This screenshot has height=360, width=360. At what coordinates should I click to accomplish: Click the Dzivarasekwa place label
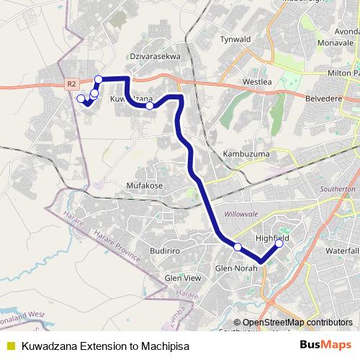pos(155,55)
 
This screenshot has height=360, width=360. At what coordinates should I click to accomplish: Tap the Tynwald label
pos(235,39)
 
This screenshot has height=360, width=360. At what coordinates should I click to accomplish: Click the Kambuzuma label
pos(246,154)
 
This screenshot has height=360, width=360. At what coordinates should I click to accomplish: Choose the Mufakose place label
pos(145,185)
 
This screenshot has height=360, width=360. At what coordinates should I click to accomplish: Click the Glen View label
pos(183,278)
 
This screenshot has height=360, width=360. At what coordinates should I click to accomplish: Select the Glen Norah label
pos(237,269)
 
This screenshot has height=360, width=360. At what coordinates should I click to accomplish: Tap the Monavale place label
pos(336,43)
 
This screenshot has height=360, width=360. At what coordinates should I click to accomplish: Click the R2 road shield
pos(71,84)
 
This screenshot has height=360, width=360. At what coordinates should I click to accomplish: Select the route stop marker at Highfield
pos(279,243)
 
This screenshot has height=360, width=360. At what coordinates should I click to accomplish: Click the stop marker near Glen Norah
pos(238,248)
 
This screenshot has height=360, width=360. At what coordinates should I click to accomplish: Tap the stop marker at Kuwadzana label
pos(150,106)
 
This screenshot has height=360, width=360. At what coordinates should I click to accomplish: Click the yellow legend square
pos(10,346)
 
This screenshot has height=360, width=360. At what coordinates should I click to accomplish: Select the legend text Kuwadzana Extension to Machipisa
pos(105,346)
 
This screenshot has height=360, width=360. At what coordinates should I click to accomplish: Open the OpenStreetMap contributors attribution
pos(297,323)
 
